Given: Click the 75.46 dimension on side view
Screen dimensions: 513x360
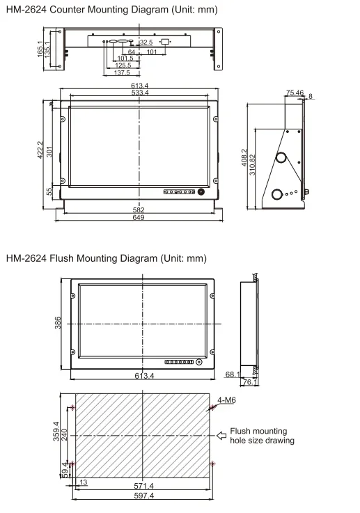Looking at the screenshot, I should tap(295, 92).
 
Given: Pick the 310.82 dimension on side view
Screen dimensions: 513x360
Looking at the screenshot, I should tap(252, 164).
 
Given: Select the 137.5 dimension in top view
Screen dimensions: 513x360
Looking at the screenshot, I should tap(122, 72).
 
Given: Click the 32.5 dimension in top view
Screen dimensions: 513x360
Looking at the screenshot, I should tap(146, 43).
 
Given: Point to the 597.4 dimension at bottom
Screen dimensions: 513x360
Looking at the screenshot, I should tap(143, 496).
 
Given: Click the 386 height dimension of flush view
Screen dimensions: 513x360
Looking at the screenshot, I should tap(58, 324).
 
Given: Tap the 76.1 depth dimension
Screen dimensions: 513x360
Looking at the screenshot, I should tap(251, 381).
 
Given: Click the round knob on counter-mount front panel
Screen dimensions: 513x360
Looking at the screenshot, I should tap(202, 191).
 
